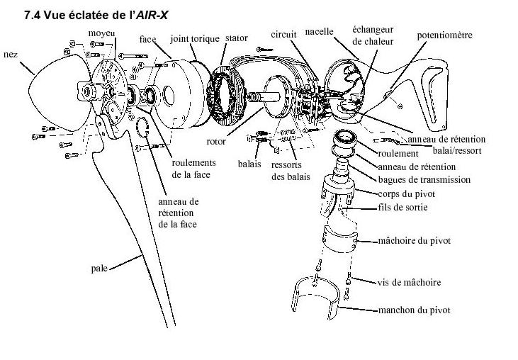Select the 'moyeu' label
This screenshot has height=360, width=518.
pos(101,33)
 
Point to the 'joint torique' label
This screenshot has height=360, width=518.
pos(194,38)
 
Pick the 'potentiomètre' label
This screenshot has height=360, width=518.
pos(445,34)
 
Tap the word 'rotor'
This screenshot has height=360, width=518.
pos(218,141)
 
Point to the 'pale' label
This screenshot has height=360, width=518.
pos(100,269)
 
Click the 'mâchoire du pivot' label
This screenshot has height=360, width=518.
pos(415,241)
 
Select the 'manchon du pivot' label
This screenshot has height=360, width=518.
pos(415,310)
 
